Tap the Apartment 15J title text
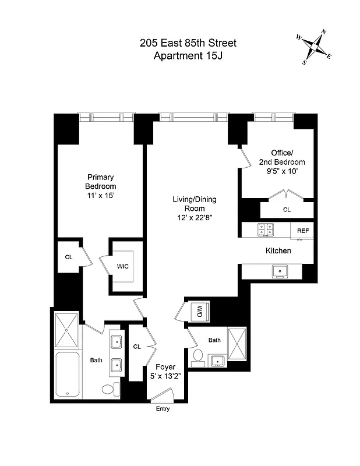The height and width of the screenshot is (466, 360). pos(188,56)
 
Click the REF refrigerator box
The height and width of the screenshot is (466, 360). pos(303,231)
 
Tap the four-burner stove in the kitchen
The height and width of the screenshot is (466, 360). pos(266,231)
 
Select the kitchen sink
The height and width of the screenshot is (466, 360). pos(280,271)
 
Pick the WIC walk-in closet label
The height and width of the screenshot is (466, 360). pos(122,266)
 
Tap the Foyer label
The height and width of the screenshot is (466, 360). pos(165,367)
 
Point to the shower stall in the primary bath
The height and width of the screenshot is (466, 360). pos(66,330)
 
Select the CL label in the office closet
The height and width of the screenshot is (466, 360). pos(287,209)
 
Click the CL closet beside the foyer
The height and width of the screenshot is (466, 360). pos(137,347)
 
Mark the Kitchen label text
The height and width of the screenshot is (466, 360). pos(278,250)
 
